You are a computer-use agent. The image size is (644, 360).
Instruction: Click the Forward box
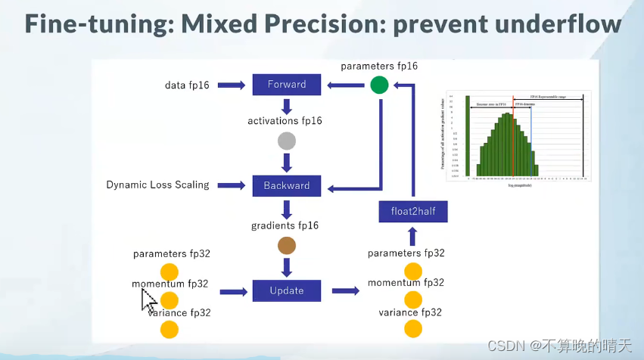click(287, 85)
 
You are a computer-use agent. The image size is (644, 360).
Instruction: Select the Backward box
click(287, 185)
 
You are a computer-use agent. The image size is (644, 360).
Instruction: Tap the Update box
click(287, 290)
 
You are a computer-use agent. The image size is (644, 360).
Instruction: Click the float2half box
click(412, 212)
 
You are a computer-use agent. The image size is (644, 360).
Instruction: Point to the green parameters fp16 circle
click(379, 85)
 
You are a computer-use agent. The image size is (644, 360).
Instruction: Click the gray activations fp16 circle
click(287, 141)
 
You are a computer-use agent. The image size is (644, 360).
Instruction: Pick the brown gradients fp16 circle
click(287, 245)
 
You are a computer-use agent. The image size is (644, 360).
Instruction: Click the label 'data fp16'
click(187, 85)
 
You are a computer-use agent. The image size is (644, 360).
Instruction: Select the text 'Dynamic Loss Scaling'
click(157, 185)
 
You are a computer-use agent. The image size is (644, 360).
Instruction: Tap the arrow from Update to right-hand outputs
click(345, 290)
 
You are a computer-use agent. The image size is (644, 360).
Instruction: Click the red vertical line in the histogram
click(513, 136)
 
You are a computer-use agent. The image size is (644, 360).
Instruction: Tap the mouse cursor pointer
click(148, 300)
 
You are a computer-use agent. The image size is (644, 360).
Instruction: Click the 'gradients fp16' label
click(285, 225)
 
